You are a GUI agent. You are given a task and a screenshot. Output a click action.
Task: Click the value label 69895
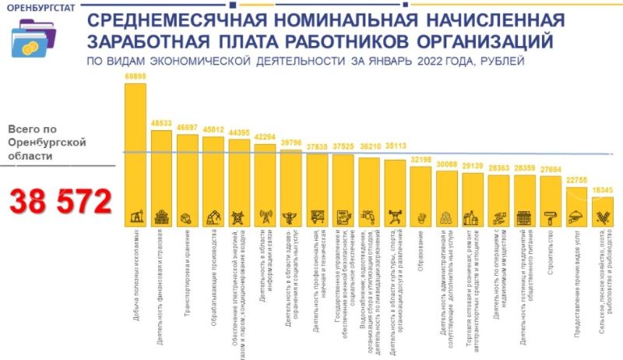(135, 77)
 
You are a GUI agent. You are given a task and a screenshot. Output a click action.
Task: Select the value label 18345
(603, 190)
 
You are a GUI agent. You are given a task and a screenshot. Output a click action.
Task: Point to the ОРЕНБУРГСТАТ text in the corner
(34, 9)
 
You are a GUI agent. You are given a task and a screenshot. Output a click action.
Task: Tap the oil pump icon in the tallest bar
(136, 216)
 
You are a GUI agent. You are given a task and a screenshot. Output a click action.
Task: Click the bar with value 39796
(290, 187)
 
